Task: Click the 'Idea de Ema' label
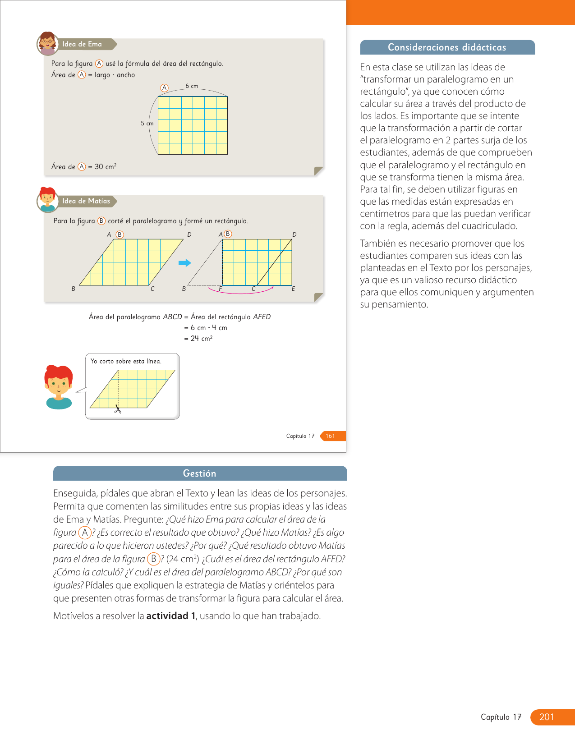(x=82, y=44)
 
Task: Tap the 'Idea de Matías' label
(x=86, y=201)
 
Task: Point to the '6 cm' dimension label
(x=192, y=86)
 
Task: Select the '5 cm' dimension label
(x=147, y=123)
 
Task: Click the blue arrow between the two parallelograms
(x=185, y=263)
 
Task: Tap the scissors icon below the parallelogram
(x=118, y=409)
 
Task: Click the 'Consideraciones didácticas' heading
(x=447, y=47)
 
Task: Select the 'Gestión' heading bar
(x=200, y=473)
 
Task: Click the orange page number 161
(x=331, y=436)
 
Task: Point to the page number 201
(x=547, y=717)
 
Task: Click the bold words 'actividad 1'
(x=170, y=616)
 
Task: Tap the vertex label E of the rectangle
(x=293, y=289)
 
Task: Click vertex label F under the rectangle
(x=220, y=289)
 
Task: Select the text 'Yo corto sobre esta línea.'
(x=126, y=361)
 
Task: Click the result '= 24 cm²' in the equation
(x=198, y=338)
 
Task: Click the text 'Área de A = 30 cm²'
(x=84, y=167)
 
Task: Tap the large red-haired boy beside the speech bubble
(x=59, y=387)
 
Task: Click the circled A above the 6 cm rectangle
(x=165, y=88)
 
